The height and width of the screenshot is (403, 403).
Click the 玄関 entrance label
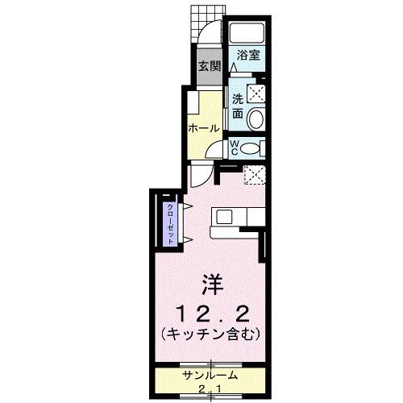[210, 67]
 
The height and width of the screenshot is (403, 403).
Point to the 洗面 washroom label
[238, 106]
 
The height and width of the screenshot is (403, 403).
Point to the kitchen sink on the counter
[223, 216]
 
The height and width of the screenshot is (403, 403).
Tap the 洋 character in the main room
[211, 284]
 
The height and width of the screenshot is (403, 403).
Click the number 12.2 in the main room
[211, 311]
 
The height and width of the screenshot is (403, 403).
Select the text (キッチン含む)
[211, 332]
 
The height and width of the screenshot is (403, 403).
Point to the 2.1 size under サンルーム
[211, 391]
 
